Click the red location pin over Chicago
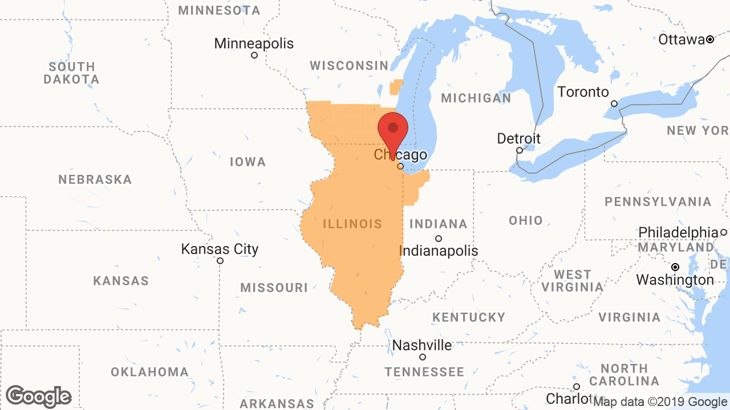click(x=393, y=130)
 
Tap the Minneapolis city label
click(x=254, y=43)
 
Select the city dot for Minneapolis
click(x=254, y=55)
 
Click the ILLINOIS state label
click(x=352, y=224)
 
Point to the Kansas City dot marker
click(x=220, y=261)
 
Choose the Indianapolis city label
click(x=438, y=251)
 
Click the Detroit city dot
click(x=520, y=150)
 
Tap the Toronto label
click(x=583, y=92)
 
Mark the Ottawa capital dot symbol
click(x=710, y=39)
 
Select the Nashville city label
click(x=422, y=345)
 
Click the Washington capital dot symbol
click(x=675, y=267)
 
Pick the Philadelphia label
click(x=678, y=232)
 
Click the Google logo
click(x=38, y=396)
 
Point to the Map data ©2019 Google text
click(x=660, y=402)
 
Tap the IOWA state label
click(x=248, y=162)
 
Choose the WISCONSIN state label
click(x=349, y=65)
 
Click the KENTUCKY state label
click(x=469, y=317)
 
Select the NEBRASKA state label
click(x=95, y=180)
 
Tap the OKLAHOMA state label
click(x=149, y=372)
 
